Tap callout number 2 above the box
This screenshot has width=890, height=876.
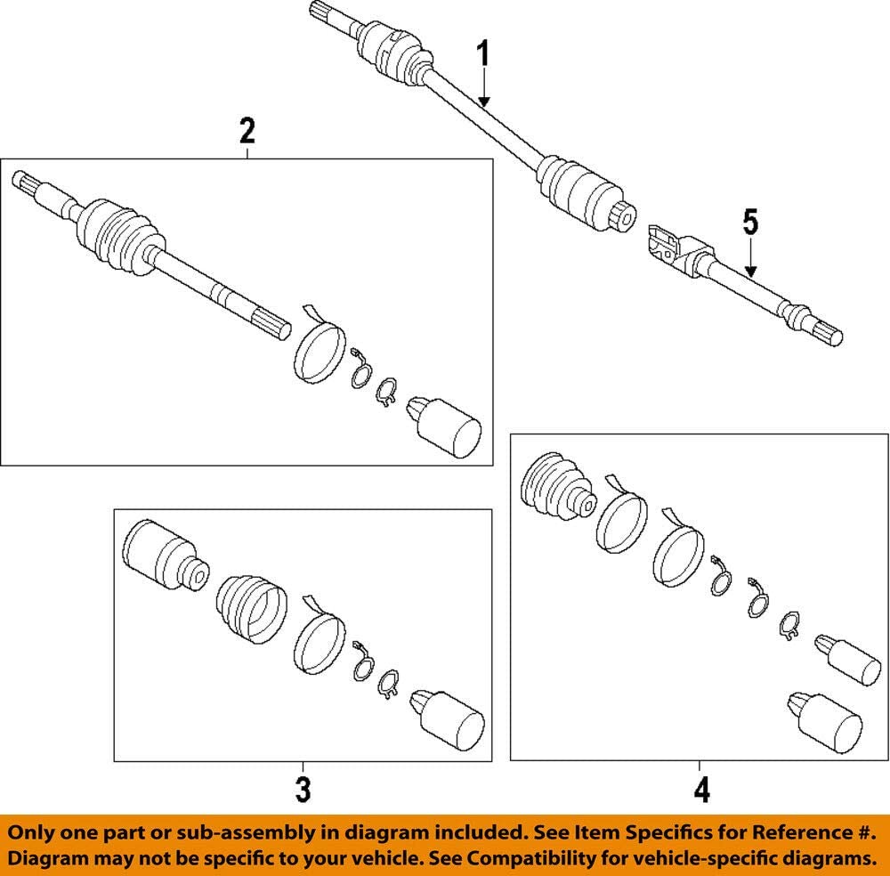coord(247,132)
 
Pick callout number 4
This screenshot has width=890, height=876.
coord(701,789)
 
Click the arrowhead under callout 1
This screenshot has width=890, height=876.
coord(483,102)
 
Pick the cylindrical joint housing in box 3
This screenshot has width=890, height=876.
coord(162,554)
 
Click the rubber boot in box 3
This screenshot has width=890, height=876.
coord(253,607)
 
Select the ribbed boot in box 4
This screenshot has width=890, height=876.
coord(554,488)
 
